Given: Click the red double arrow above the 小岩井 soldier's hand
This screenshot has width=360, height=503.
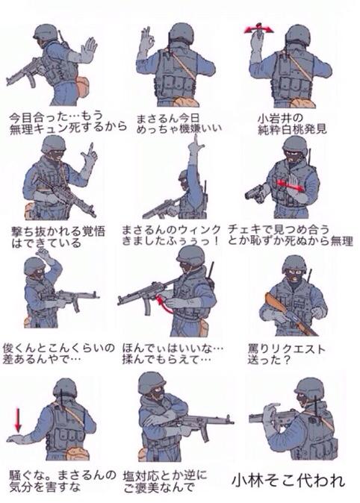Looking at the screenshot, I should click(x=256, y=28).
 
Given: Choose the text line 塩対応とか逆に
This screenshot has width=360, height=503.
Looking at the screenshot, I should click(x=165, y=475).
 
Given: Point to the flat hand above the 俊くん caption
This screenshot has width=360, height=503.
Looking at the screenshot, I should click(x=46, y=254).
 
